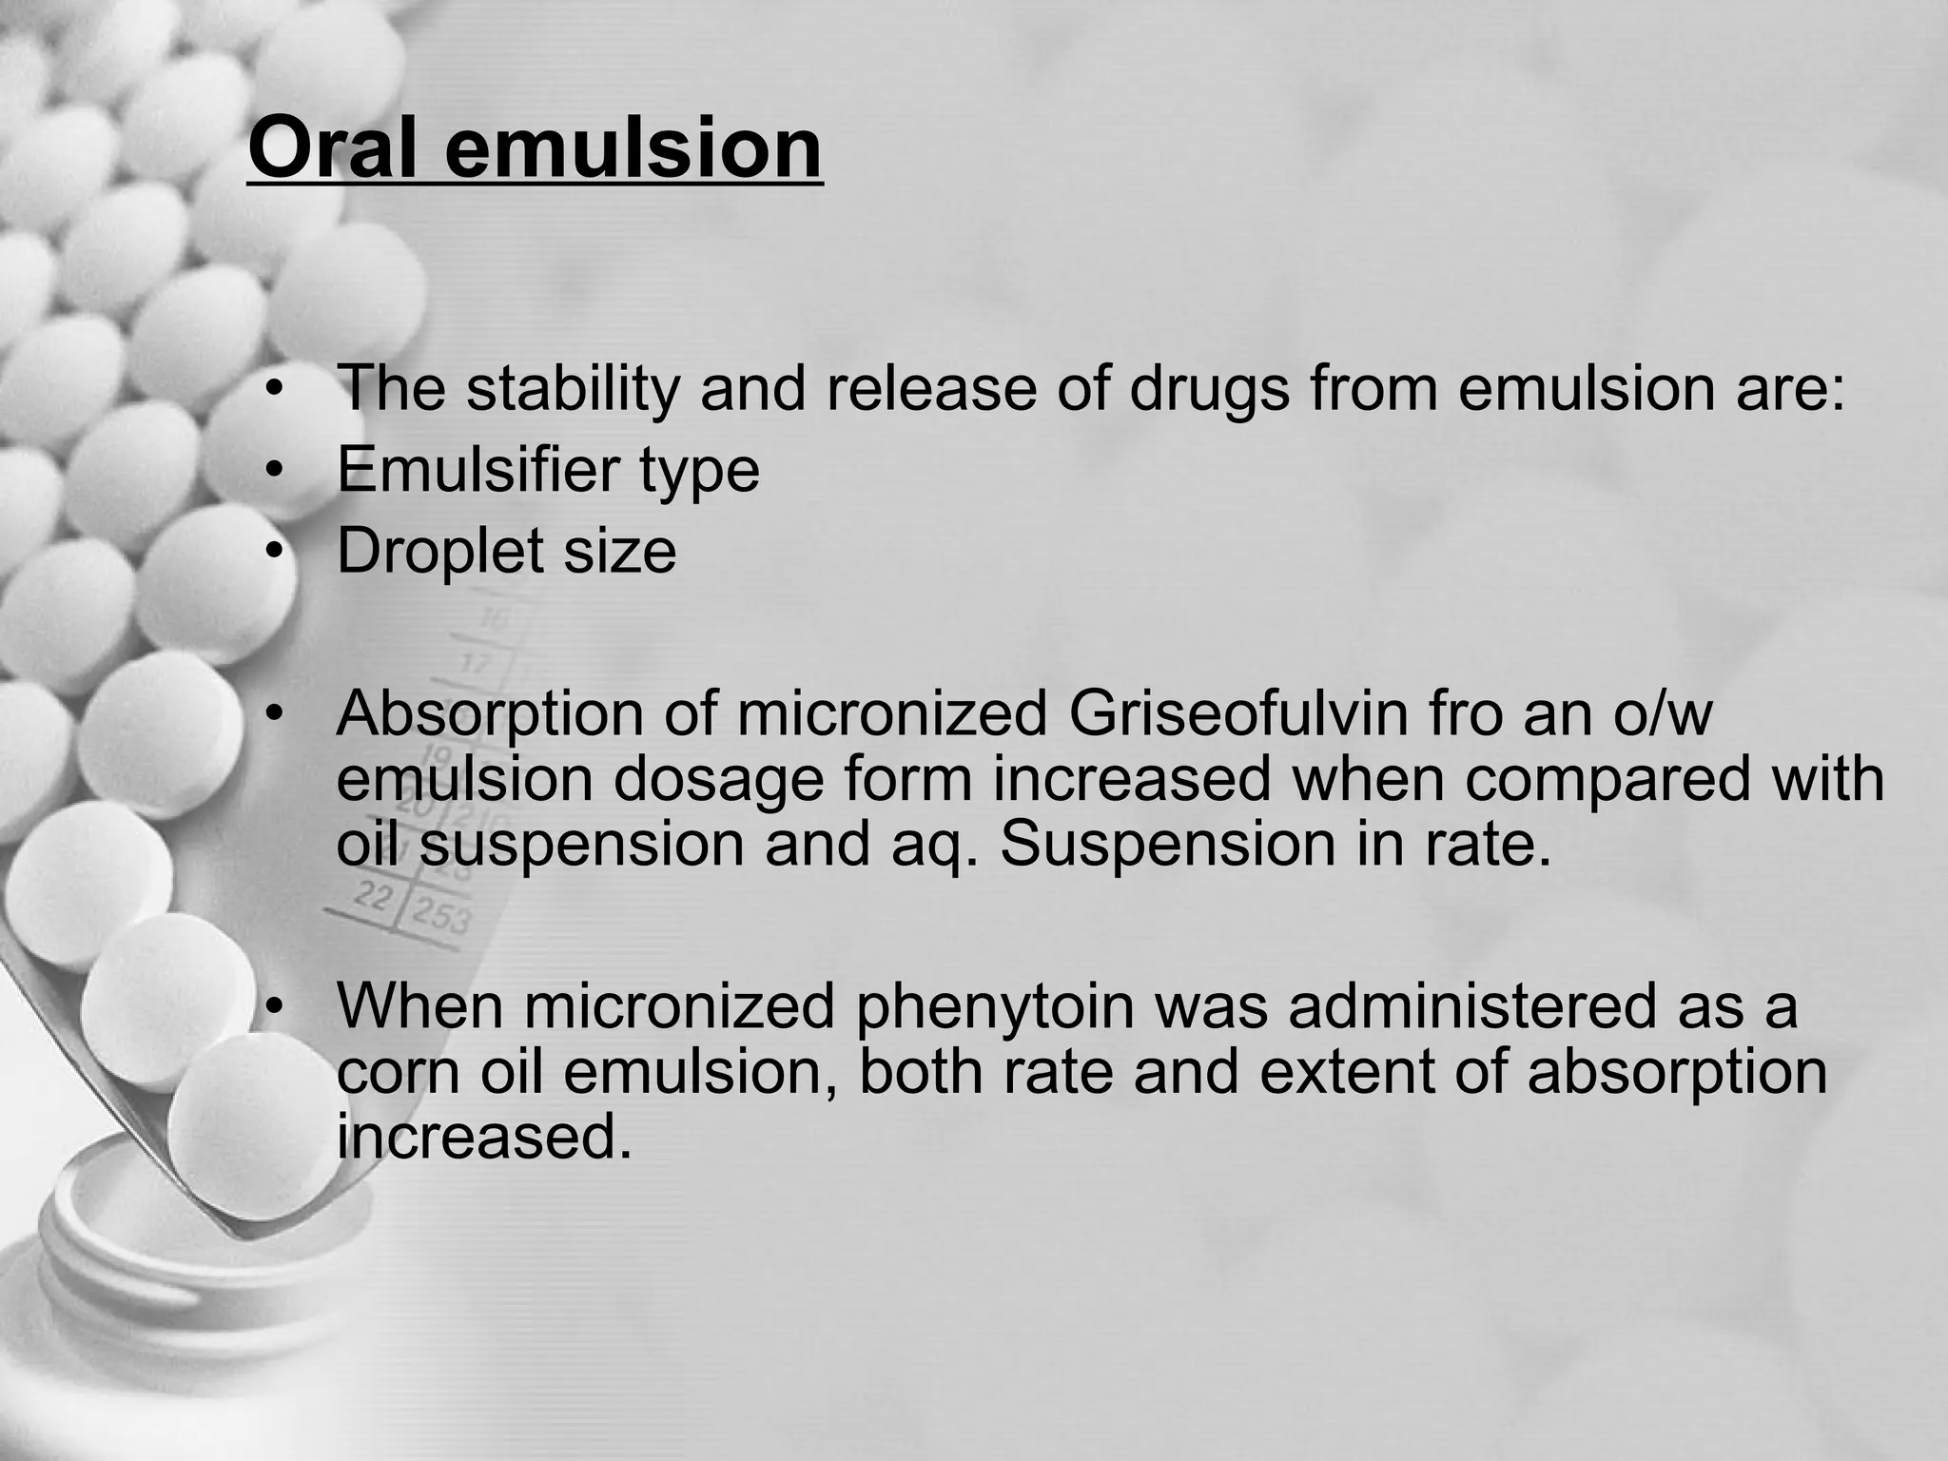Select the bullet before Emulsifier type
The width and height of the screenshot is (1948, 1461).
click(275, 470)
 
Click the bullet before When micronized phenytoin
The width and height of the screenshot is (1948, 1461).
click(275, 1006)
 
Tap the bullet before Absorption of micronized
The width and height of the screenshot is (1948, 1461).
click(275, 714)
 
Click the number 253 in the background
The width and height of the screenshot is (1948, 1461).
click(441, 917)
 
